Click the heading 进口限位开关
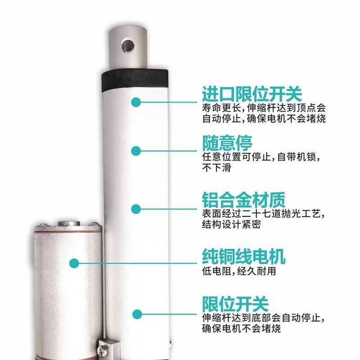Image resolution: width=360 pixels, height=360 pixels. [252, 94]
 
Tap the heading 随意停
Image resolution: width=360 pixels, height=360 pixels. [227, 143]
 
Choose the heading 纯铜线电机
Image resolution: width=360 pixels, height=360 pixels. [243, 257]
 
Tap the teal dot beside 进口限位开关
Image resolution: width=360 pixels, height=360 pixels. [136, 102]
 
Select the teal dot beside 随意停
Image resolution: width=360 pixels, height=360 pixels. [136, 150]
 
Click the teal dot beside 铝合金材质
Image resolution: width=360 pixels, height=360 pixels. [136, 208]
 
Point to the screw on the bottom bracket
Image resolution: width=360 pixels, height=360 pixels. [106, 348]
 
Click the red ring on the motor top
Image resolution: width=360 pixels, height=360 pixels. [67, 232]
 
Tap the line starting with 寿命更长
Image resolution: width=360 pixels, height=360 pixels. [263, 108]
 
